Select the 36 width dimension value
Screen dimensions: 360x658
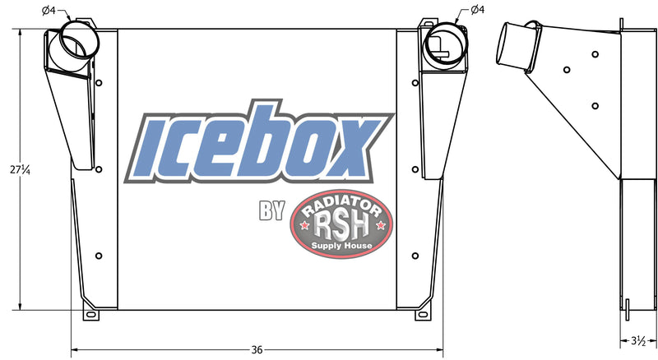tap(257, 349)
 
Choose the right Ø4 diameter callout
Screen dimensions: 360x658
tap(477, 10)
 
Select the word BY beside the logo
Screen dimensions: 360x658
tap(271, 212)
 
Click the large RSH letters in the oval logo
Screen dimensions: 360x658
tap(341, 222)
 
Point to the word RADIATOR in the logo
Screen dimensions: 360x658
tap(341, 202)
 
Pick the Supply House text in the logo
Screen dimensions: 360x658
tap(341, 245)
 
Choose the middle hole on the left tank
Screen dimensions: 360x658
tap(99, 170)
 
